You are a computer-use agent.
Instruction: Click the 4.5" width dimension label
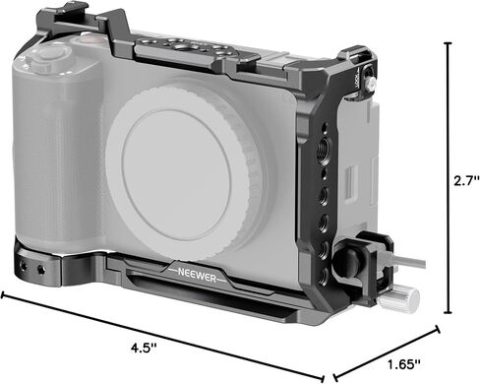click(145, 348)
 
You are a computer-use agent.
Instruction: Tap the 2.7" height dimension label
click(466, 181)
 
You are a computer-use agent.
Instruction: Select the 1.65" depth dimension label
click(404, 364)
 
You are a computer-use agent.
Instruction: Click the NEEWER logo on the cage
click(197, 275)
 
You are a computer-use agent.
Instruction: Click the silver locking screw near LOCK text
click(370, 85)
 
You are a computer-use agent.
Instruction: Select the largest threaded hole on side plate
click(323, 147)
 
